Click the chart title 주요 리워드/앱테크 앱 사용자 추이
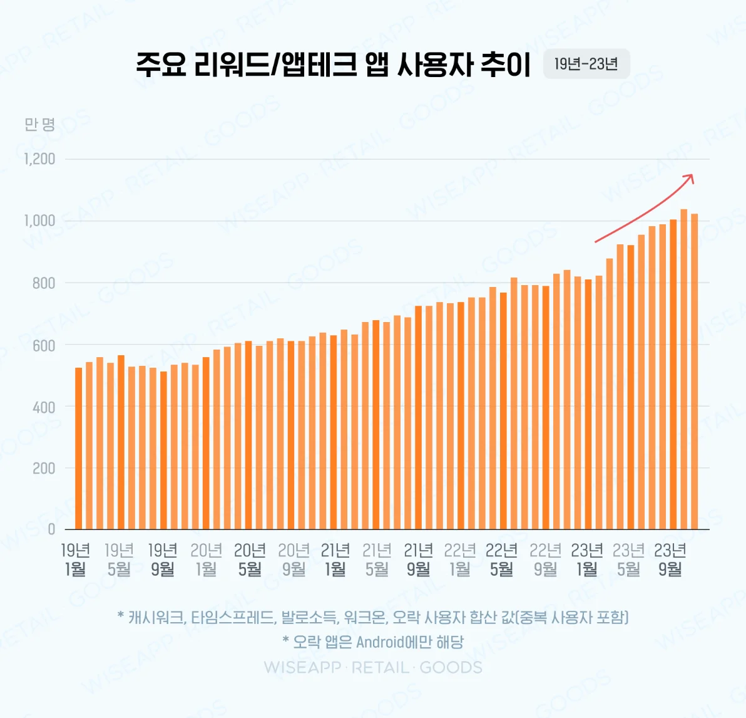[x=333, y=64]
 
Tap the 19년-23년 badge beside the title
[x=586, y=64]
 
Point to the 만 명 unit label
[x=40, y=124]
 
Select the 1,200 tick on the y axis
[x=40, y=159]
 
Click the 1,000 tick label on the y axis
[x=40, y=221]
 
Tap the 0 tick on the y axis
[x=51, y=529]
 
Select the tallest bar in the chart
[x=683, y=370]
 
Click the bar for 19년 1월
[x=78, y=448]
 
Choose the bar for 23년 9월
[x=673, y=376]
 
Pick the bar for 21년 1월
[x=334, y=432]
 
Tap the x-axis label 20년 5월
[x=250, y=559]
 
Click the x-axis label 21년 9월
[x=418, y=559]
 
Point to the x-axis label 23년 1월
[x=586, y=559]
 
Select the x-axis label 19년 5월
[x=119, y=559]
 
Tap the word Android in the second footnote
[x=380, y=642]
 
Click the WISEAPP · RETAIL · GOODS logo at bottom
[x=373, y=667]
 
